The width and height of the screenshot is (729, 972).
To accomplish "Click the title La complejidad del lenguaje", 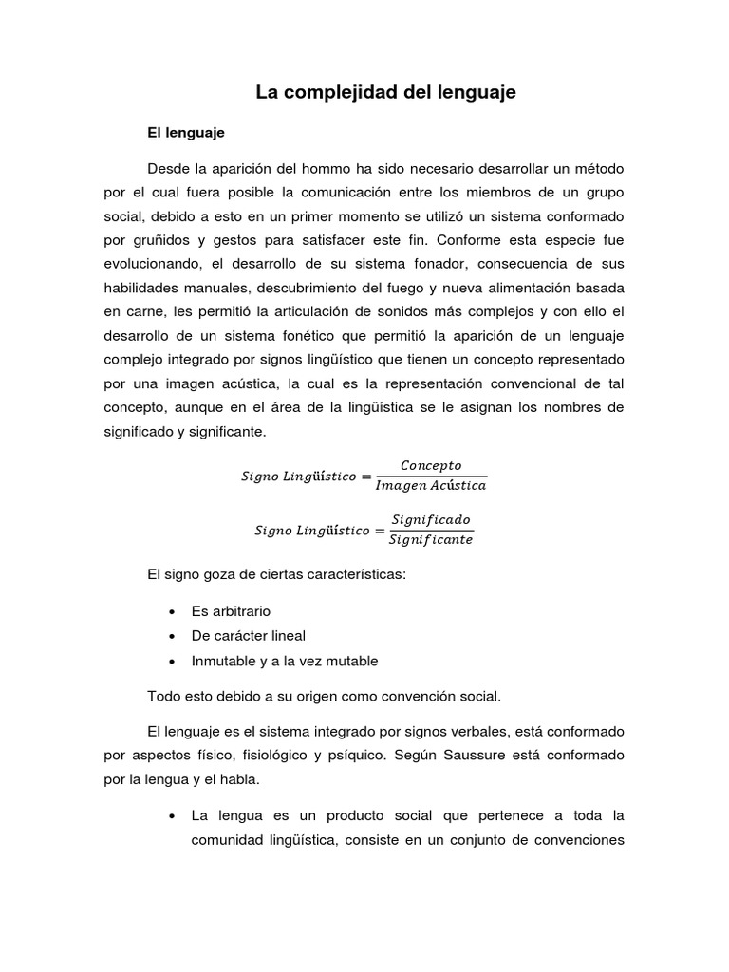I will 385,93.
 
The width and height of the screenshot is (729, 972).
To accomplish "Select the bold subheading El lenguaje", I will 186,133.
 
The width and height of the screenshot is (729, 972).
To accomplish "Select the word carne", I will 142,310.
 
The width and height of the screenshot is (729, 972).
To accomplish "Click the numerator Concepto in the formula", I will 431,465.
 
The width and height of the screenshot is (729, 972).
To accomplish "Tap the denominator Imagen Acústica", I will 431,486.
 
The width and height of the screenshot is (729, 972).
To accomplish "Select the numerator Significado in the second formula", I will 431,520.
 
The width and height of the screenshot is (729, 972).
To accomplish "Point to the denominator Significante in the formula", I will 431,540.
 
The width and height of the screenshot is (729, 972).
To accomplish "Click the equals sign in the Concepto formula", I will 365,477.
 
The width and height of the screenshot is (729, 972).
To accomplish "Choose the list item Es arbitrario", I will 231,611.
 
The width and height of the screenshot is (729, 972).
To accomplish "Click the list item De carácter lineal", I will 248,636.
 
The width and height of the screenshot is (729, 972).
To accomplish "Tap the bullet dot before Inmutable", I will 170,661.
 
